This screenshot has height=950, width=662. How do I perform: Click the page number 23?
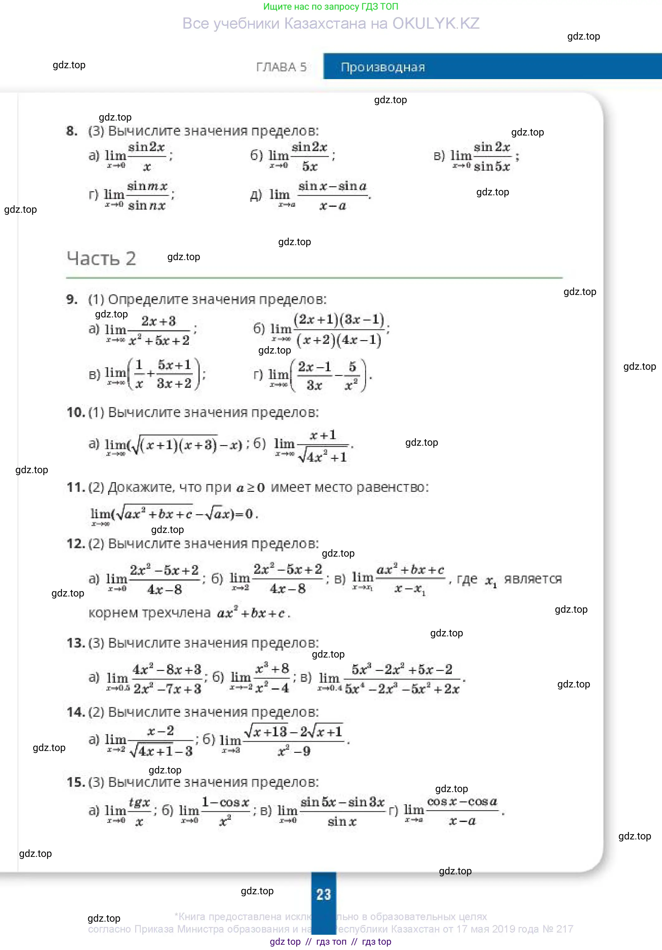click(324, 894)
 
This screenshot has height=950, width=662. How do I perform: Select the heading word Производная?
click(383, 67)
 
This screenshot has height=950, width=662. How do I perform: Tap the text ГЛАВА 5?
click(281, 67)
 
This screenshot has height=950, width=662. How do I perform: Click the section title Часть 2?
click(101, 258)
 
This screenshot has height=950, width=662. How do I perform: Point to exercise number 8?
click(72, 131)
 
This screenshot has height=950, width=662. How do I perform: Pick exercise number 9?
click(72, 299)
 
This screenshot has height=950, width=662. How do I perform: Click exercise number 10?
click(75, 412)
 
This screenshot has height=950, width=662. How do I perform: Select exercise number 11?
click(75, 487)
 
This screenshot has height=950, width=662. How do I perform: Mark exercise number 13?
click(75, 643)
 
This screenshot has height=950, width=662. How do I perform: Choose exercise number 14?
click(75, 712)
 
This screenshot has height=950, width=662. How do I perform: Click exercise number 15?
click(75, 782)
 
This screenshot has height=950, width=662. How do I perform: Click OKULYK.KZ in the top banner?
click(436, 24)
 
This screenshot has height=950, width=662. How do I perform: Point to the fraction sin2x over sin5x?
click(492, 156)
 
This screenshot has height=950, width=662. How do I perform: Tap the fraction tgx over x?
click(139, 811)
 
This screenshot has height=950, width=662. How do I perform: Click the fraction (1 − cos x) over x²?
click(225, 811)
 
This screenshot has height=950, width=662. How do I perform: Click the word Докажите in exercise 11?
click(141, 487)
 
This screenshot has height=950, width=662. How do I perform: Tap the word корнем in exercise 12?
click(113, 612)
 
